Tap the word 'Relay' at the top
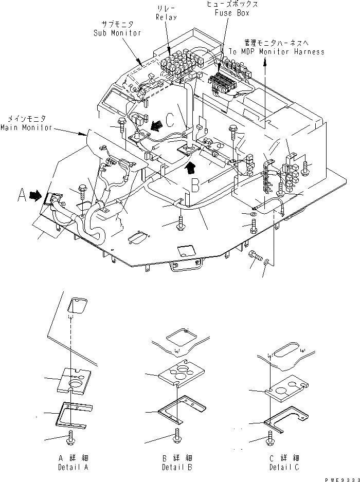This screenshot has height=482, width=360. (166, 17)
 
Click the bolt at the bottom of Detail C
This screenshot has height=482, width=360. (269, 438)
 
